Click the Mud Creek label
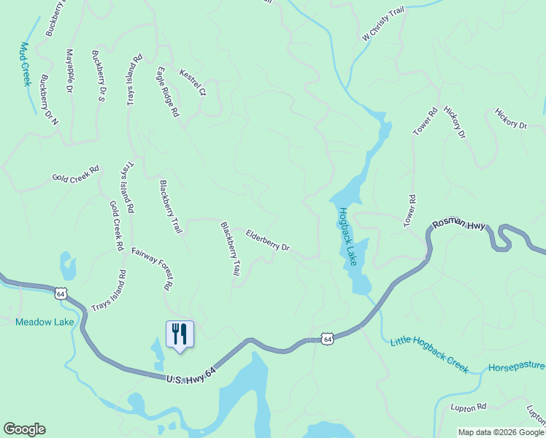click(23, 64)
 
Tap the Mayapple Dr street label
click(69, 70)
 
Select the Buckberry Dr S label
click(99, 75)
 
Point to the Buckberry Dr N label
click(49, 101)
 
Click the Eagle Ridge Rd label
click(167, 92)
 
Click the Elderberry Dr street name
click(268, 242)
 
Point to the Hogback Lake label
click(346, 237)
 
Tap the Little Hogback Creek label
click(429, 355)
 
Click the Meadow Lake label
click(39, 322)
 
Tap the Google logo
click(24, 429)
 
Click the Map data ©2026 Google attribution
click(500, 432)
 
